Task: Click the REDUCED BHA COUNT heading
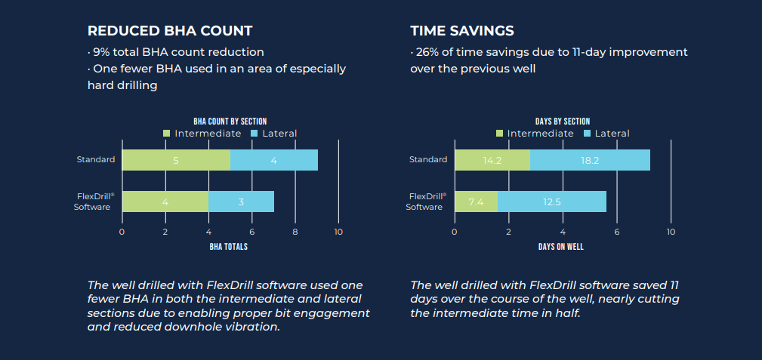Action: pos(170,31)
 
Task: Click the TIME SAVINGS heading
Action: pos(462,31)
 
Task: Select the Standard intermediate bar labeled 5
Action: pos(176,160)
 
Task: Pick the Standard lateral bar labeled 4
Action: pos(273,160)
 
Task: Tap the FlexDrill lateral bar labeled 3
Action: pos(241,202)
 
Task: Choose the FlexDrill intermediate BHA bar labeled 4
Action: pos(165,202)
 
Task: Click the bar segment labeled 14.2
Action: pos(492,160)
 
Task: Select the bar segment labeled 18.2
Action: pos(590,160)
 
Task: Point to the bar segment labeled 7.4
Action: pos(476,202)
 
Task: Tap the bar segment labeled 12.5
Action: pos(552,202)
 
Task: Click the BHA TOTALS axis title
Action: pos(230,247)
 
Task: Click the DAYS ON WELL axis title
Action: pos(562,247)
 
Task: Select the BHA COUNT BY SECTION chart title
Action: pos(230,122)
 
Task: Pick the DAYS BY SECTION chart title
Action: pos(562,122)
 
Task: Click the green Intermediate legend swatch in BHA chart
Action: pos(167,134)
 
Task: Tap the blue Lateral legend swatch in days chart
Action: pos(588,134)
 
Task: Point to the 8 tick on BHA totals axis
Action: pos(295,232)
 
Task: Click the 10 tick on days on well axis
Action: pos(671,232)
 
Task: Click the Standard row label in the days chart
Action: pos(428,159)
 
